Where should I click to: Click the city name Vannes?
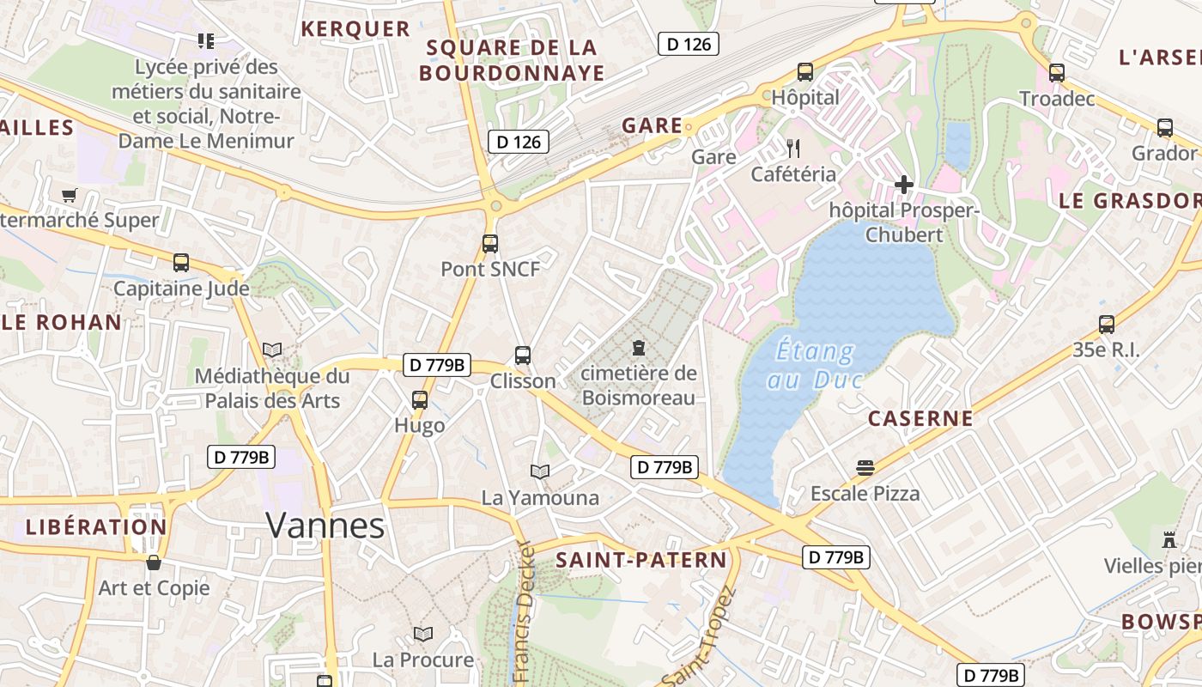tap(325, 525)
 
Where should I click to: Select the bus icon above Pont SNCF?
tap(490, 244)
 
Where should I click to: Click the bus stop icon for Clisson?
tap(522, 355)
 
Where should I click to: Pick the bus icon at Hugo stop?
tap(420, 399)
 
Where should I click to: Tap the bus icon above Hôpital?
tap(805, 72)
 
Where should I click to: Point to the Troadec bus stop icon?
tap(1057, 73)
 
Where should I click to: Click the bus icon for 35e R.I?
tap(1107, 325)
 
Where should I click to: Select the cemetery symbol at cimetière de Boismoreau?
tap(638, 348)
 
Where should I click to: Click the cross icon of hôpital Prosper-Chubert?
tap(903, 184)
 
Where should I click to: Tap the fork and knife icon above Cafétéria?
tap(793, 149)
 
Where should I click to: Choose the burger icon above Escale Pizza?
tap(865, 468)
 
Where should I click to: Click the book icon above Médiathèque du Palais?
tap(272, 350)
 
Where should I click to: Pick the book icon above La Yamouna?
tap(539, 471)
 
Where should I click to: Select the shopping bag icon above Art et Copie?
tap(154, 562)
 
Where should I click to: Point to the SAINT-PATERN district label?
tap(640, 560)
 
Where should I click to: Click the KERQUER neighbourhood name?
tap(355, 28)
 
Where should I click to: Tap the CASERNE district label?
tap(920, 418)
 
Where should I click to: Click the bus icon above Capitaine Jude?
tap(181, 263)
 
